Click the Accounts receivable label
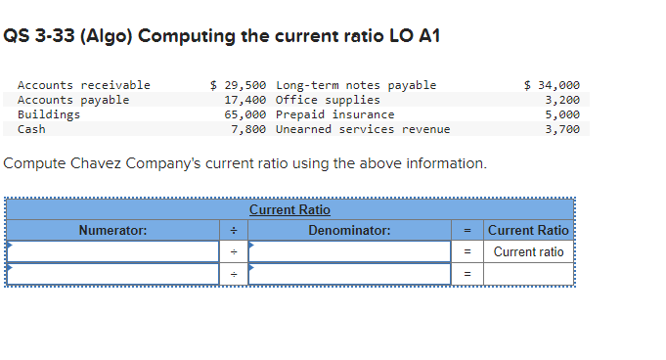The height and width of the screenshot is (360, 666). point(84,85)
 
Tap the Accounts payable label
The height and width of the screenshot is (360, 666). point(73,100)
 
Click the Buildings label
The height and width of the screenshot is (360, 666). point(50,114)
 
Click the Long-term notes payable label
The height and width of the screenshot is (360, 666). point(356,85)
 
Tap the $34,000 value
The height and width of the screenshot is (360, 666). point(553,85)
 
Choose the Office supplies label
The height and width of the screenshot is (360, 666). point(328,100)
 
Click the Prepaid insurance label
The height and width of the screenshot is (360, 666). point(335,114)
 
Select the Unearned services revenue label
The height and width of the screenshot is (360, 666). point(363,129)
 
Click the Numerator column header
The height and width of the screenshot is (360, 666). point(113,231)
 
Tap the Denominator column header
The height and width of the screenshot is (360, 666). point(349,231)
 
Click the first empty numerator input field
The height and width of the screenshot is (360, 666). point(113,251)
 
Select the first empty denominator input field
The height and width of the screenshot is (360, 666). point(349,251)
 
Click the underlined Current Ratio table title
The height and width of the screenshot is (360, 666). point(289,210)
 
